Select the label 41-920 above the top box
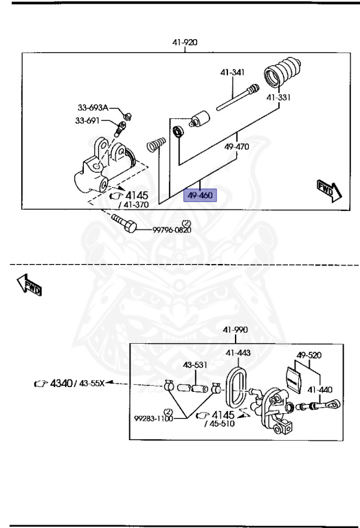point(185,42)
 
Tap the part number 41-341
point(233,72)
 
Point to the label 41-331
point(279,97)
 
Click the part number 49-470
point(236,146)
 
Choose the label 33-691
point(88,121)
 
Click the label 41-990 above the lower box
point(236,329)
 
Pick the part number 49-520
point(309,355)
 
